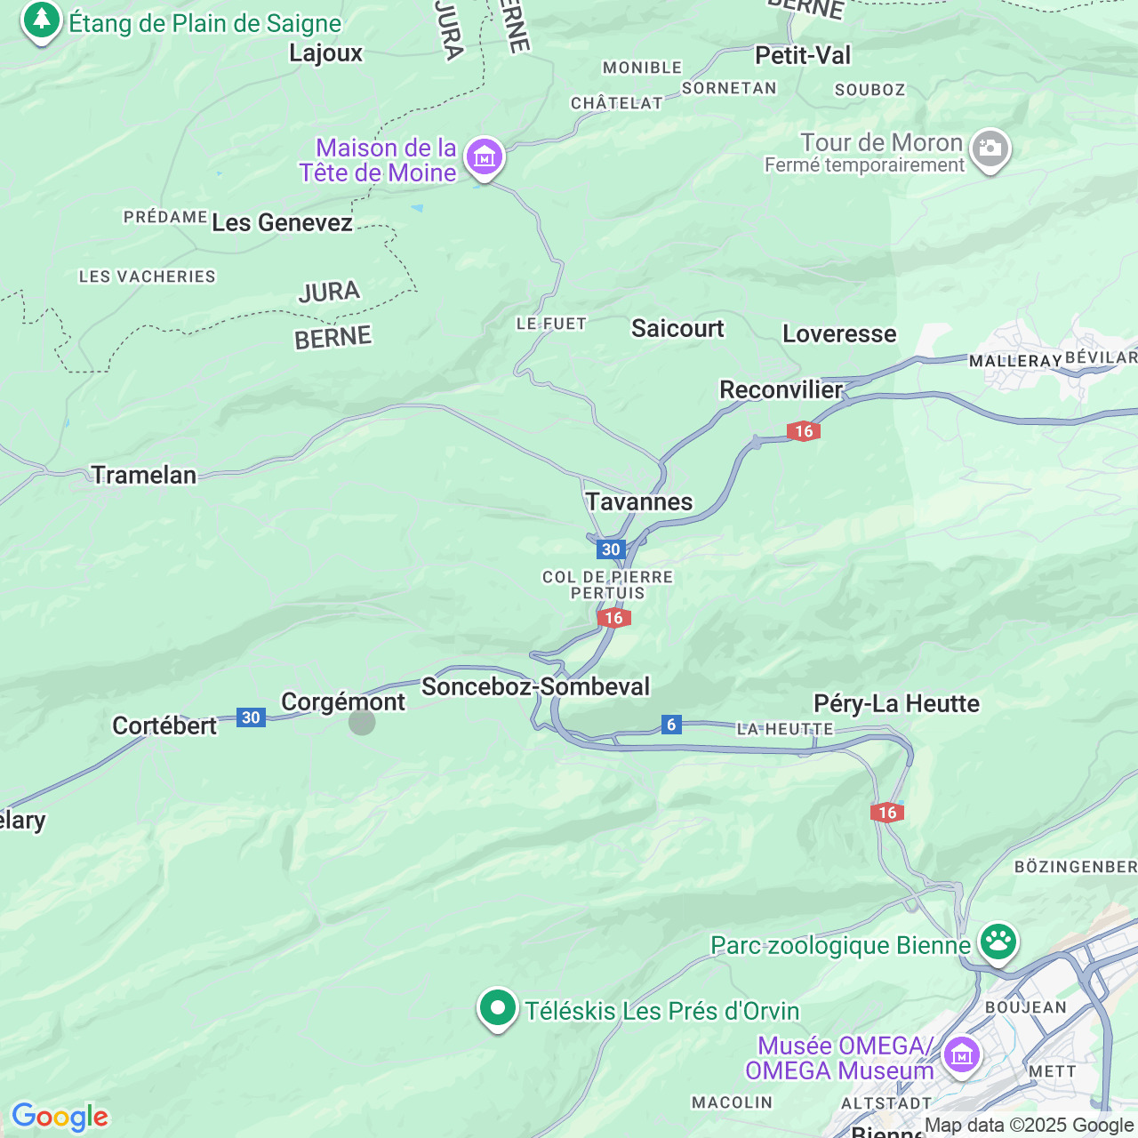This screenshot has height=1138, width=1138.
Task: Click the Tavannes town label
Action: pyautogui.click(x=638, y=502)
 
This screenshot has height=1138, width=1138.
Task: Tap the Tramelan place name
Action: pyautogui.click(x=144, y=476)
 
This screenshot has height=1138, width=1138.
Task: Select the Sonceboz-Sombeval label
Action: pyautogui.click(x=535, y=687)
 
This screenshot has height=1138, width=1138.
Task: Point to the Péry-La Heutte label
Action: pyautogui.click(x=896, y=704)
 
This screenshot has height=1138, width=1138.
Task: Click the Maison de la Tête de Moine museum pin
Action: pyautogui.click(x=485, y=158)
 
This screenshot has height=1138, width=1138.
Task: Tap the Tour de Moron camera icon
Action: pyautogui.click(x=990, y=148)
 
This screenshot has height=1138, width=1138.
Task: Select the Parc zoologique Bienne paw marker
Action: pyautogui.click(x=998, y=941)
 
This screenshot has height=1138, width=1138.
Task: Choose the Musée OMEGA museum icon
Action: pyautogui.click(x=961, y=1055)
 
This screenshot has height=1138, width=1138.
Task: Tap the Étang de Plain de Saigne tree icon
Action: pyautogui.click(x=41, y=20)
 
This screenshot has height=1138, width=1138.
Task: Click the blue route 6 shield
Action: pyautogui.click(x=671, y=725)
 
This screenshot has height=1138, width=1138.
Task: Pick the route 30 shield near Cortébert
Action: pyautogui.click(x=251, y=717)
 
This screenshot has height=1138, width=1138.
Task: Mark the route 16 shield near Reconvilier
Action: pyautogui.click(x=803, y=431)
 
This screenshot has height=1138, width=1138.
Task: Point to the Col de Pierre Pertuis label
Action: pyautogui.click(x=608, y=585)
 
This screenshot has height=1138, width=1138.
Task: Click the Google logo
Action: pyautogui.click(x=60, y=1117)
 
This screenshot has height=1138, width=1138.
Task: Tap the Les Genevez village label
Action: pyautogui.click(x=282, y=223)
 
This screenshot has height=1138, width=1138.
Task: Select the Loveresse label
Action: pyautogui.click(x=839, y=334)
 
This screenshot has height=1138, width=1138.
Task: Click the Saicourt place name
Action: pyautogui.click(x=677, y=329)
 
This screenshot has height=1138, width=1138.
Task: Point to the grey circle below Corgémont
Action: pyautogui.click(x=362, y=723)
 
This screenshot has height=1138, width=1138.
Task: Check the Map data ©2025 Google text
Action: pyautogui.click(x=1029, y=1126)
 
